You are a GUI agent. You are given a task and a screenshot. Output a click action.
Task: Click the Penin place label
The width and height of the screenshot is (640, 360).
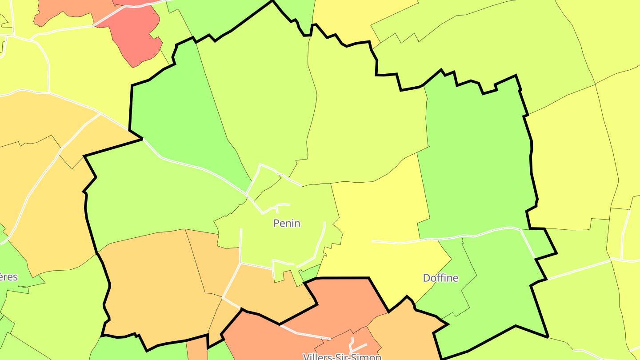[x=287, y=223]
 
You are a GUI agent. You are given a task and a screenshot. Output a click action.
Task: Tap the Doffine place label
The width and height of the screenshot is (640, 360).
[x=440, y=278]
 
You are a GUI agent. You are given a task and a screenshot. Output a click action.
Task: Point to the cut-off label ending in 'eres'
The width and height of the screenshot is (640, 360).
[x=8, y=277]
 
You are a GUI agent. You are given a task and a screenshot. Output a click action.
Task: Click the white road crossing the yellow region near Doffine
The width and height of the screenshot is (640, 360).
[x=400, y=243]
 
